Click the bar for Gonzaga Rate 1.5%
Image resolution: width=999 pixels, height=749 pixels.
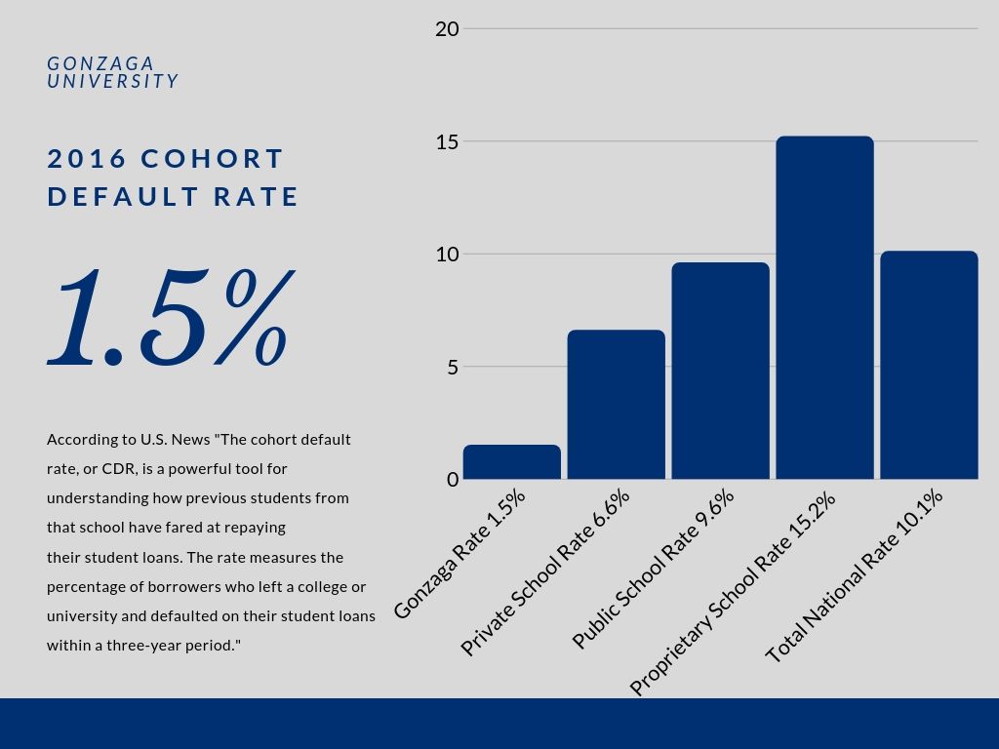tap(512, 462)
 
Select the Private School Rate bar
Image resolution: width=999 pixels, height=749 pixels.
tap(616, 405)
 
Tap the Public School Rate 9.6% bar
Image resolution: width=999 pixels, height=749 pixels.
tap(720, 371)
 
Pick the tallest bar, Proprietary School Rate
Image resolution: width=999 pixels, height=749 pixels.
tap(824, 308)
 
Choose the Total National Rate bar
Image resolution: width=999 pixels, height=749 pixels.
tap(929, 366)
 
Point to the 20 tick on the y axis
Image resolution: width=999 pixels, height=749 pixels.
tap(447, 29)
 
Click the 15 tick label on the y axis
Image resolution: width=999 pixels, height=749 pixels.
tap(447, 142)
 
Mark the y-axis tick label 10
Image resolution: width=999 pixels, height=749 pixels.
tap(447, 255)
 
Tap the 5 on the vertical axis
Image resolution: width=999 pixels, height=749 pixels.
tap(453, 368)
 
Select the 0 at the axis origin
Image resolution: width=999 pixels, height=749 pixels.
tap(453, 480)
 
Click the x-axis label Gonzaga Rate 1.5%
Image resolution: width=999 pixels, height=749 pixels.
tap(460, 553)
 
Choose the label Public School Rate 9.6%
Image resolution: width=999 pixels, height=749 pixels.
tap(653, 569)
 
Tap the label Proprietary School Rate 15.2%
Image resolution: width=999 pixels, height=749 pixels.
tap(733, 593)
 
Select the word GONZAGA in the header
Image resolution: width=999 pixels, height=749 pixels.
tap(100, 64)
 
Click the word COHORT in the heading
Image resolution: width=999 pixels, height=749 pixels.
tap(213, 159)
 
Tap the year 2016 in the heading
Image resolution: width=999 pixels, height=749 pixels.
tap(88, 159)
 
